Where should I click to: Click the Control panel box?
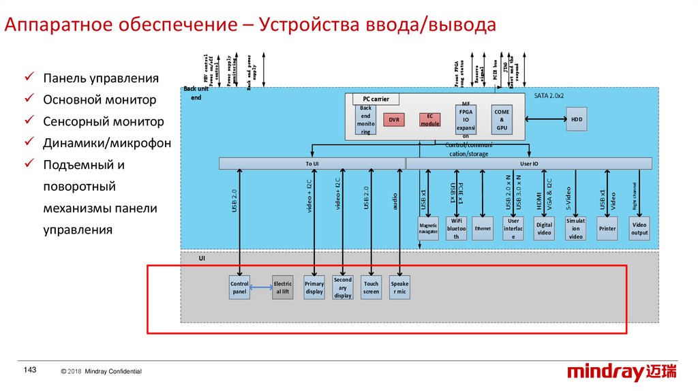pyautogui.click(x=239, y=287)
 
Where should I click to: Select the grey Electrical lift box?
pyautogui.click(x=282, y=287)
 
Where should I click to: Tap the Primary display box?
pyautogui.click(x=314, y=287)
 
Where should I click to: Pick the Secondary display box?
pyautogui.click(x=343, y=287)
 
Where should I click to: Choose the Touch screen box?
pyautogui.click(x=371, y=287)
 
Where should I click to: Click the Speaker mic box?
pyautogui.click(x=399, y=287)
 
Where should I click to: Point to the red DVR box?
pyautogui.click(x=394, y=120)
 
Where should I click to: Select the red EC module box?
pyautogui.click(x=429, y=120)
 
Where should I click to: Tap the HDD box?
pyautogui.click(x=577, y=120)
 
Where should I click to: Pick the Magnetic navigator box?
pyautogui.click(x=428, y=228)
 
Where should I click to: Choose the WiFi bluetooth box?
pyautogui.click(x=456, y=228)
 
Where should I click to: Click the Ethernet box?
pyautogui.click(x=483, y=229)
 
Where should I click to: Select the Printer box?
pyautogui.click(x=607, y=228)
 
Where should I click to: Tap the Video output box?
pyautogui.click(x=639, y=228)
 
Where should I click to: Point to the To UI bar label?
pyautogui.click(x=312, y=163)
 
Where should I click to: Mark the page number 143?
pyautogui.click(x=30, y=370)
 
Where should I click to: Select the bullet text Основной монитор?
pyautogui.click(x=100, y=100)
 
